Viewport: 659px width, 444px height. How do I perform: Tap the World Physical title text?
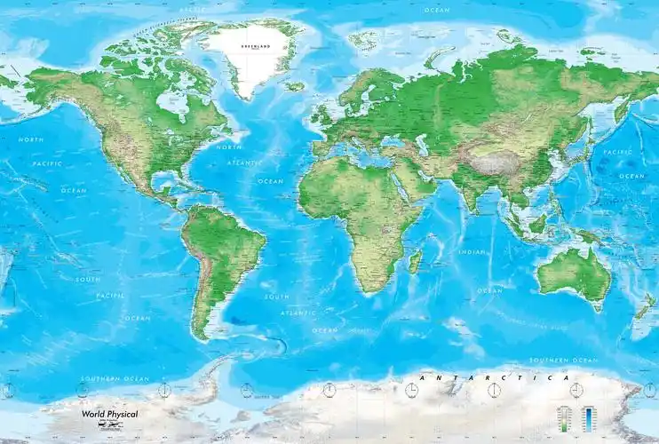110,414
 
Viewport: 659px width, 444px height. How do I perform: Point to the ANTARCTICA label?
490,378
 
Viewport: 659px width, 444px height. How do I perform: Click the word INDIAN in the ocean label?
472,252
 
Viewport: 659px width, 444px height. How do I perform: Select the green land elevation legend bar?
562,416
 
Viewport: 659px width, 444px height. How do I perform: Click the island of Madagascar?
414,261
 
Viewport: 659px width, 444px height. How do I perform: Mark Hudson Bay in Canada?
175,103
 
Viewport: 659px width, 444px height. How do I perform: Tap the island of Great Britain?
320,112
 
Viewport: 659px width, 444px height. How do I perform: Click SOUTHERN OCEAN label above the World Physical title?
114,379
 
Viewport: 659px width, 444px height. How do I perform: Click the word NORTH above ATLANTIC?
228,147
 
